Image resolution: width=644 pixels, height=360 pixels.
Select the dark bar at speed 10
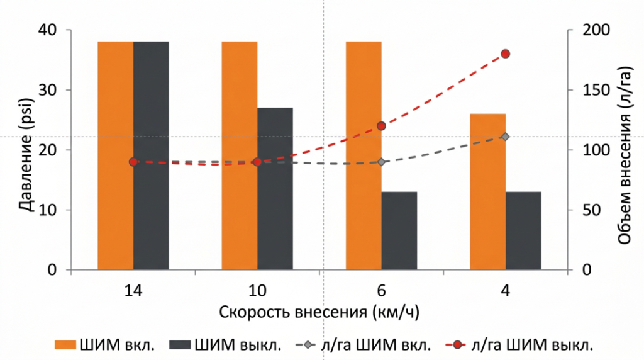(275, 189)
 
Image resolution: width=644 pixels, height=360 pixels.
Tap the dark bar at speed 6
(399, 231)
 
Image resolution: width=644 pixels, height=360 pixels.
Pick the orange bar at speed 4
(488, 192)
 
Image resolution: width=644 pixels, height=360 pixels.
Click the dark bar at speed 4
(523, 231)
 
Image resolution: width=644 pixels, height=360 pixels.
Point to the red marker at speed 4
(505, 53)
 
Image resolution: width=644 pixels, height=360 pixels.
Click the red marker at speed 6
(381, 126)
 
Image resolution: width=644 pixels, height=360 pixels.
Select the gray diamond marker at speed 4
(505, 137)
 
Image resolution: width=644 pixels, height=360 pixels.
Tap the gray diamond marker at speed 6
(381, 162)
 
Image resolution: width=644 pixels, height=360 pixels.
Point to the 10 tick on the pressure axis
(49, 210)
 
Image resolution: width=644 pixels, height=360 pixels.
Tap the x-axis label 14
(133, 290)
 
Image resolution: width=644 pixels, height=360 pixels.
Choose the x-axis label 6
(381, 290)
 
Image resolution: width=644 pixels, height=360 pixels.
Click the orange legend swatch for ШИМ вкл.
(65, 344)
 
